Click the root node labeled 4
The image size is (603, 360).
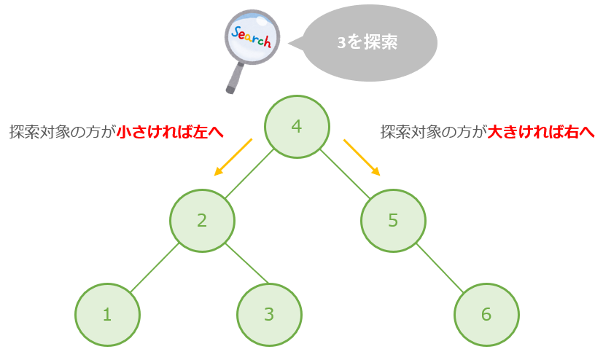tap(297, 126)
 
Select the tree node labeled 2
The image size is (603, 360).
tap(202, 221)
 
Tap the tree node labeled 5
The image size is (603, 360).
tap(393, 221)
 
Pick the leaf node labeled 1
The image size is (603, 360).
tap(107, 315)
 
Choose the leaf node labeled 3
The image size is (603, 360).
tap(269, 315)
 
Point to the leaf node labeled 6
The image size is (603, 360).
tap(486, 315)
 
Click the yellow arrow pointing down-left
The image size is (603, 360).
tap(233, 157)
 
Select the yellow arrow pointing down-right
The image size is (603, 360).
tap(362, 157)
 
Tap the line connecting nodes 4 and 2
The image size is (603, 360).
tap(249, 173)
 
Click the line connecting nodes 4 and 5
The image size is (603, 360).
tap(345, 174)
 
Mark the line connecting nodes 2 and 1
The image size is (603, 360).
tap(155, 267)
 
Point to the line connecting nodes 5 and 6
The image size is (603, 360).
tap(440, 267)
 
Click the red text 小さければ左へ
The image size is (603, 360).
tap(170, 132)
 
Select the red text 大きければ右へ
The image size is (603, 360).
tap(541, 132)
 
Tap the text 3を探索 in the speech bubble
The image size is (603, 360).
tap(367, 42)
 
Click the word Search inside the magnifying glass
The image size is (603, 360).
tap(251, 36)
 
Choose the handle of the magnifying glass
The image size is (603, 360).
tap(235, 79)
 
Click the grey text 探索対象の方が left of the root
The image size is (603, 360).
tap(63, 132)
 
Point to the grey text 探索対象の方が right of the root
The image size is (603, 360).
tap(434, 132)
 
